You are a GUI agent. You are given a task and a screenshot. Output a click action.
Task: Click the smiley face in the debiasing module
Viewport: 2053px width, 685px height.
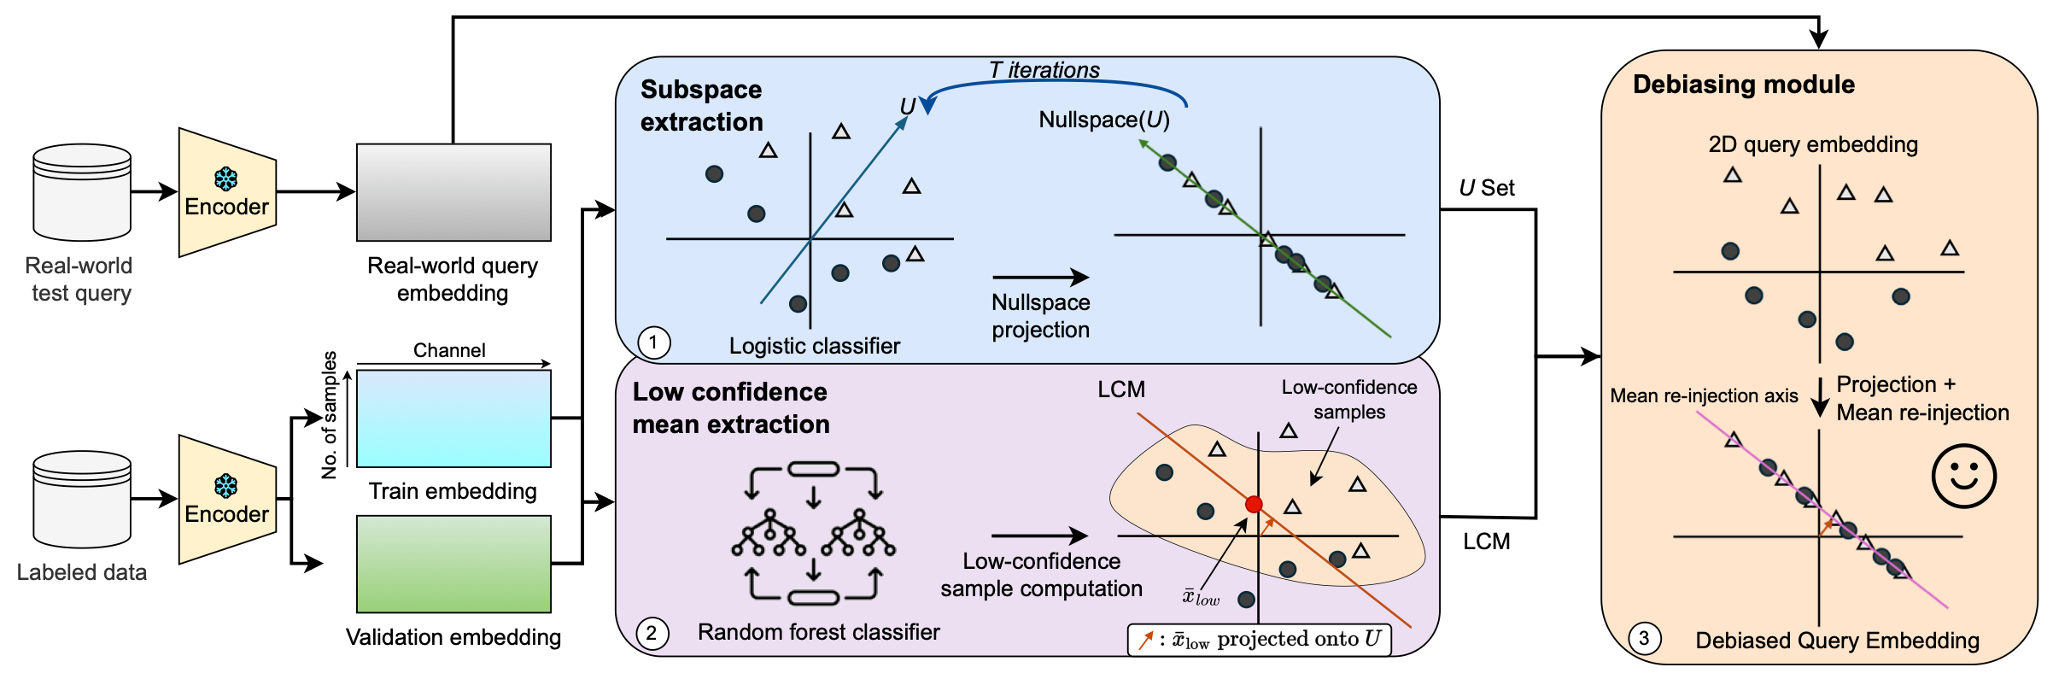[1963, 477]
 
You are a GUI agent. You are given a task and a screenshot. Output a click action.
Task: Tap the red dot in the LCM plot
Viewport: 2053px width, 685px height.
[1254, 505]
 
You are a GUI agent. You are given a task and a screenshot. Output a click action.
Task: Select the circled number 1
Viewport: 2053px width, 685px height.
[654, 343]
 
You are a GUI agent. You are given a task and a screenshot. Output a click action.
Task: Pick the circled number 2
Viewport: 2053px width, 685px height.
[652, 634]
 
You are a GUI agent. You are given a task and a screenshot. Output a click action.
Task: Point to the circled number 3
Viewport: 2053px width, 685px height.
[1644, 638]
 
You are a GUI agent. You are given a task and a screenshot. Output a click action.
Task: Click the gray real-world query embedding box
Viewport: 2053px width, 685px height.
[453, 192]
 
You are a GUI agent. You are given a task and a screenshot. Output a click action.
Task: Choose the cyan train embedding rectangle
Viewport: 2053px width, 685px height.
[453, 419]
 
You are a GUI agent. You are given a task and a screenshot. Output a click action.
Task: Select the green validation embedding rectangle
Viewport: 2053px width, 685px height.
[453, 564]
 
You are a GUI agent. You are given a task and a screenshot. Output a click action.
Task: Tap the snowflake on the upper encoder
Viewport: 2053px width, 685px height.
[226, 179]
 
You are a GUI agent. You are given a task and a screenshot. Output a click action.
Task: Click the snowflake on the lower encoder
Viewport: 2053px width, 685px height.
[226, 486]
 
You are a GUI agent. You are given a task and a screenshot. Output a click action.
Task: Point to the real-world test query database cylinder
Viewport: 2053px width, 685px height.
[82, 192]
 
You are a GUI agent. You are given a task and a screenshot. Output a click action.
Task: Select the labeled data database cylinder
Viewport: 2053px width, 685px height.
[82, 500]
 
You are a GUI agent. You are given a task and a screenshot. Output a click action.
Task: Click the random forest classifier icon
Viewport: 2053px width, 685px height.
[813, 533]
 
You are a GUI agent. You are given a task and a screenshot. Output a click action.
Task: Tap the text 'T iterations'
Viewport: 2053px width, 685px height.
[1044, 70]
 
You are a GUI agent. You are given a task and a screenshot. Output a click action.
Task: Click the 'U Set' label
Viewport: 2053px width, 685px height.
[1487, 188]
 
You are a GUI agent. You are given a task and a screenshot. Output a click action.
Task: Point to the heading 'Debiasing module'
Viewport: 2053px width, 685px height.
[1744, 85]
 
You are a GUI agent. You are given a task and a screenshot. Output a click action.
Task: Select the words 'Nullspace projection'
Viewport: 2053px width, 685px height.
[1041, 316]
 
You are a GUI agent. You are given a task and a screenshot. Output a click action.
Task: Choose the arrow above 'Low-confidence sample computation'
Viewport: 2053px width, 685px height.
[1039, 536]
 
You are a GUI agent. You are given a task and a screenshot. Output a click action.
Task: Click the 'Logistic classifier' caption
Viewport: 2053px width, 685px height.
[815, 346]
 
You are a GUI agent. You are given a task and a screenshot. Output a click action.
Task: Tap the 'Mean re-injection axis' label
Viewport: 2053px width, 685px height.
[1704, 395]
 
